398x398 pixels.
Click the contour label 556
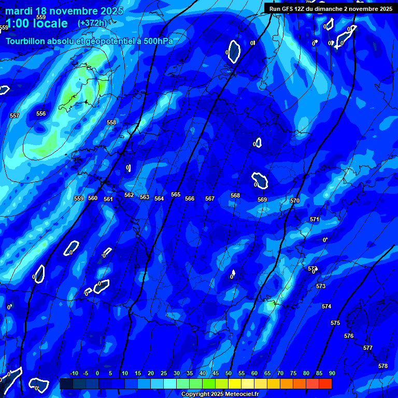click(x=41, y=113)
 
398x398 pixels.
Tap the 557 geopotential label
click(x=15, y=116)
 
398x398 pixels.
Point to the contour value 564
click(x=159, y=198)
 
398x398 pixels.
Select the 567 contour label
click(x=209, y=198)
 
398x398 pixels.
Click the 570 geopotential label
click(x=295, y=201)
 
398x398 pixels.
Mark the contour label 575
click(x=335, y=323)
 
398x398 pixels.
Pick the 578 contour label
click(x=383, y=366)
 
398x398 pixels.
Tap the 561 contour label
click(x=108, y=199)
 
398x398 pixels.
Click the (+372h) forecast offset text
click(x=92, y=23)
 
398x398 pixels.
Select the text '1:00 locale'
click(x=37, y=23)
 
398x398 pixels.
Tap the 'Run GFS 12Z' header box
click(x=331, y=8)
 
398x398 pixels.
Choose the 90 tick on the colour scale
click(x=332, y=373)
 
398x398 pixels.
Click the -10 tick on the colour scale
click(x=74, y=373)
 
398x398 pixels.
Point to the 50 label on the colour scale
click(x=228, y=373)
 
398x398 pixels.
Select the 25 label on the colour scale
click(x=163, y=373)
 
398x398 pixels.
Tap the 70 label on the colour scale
click(x=280, y=373)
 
